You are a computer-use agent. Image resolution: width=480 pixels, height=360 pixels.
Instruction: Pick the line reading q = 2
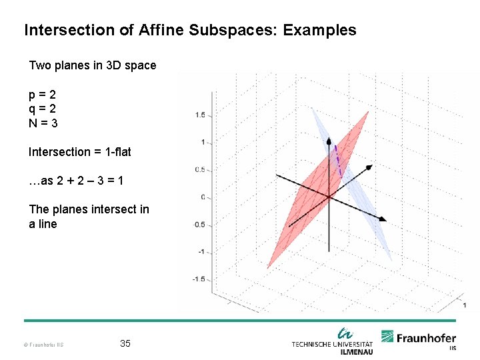[x=42, y=109]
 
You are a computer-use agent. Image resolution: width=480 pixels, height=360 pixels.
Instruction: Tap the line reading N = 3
[x=43, y=123]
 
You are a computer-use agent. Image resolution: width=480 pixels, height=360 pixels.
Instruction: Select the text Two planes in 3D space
[x=92, y=65]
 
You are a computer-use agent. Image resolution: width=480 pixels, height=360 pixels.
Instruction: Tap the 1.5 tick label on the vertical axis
[x=199, y=115]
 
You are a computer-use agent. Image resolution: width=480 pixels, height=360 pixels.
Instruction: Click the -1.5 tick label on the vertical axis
[x=198, y=279]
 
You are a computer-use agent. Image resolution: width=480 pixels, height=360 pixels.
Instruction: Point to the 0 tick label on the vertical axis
[x=202, y=197]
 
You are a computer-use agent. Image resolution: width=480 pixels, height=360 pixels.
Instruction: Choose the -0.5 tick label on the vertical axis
[x=198, y=225]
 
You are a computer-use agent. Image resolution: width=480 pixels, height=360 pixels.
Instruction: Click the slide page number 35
[x=125, y=343]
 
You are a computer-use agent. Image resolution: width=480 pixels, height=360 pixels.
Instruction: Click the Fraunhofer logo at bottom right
[x=419, y=339]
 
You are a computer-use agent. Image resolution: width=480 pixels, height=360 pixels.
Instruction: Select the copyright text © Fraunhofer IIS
[x=44, y=345]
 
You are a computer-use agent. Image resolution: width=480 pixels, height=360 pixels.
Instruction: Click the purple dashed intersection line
[x=338, y=161]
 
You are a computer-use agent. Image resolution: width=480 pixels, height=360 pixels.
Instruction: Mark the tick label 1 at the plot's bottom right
[x=464, y=305]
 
